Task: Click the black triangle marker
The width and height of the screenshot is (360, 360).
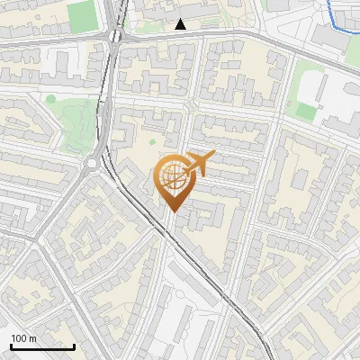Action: (x=181, y=24)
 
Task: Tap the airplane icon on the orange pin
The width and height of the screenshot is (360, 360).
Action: (x=201, y=163)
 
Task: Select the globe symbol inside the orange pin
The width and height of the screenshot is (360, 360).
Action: (x=175, y=178)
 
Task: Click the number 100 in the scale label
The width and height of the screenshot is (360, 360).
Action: (x=19, y=338)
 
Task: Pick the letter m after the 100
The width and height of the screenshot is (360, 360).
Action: (x=32, y=338)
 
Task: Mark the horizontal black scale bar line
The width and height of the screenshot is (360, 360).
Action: (x=41, y=347)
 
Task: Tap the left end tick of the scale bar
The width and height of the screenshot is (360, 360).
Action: (x=10, y=346)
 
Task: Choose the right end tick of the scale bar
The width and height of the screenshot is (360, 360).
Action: (x=74, y=346)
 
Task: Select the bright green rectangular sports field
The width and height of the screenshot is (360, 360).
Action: (x=81, y=15)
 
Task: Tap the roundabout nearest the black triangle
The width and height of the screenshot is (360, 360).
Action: (x=115, y=36)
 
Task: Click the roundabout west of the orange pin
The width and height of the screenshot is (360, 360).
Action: (x=94, y=163)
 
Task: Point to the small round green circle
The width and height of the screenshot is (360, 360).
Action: (x=51, y=99)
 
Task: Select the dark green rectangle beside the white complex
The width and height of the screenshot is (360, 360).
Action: (x=302, y=110)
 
